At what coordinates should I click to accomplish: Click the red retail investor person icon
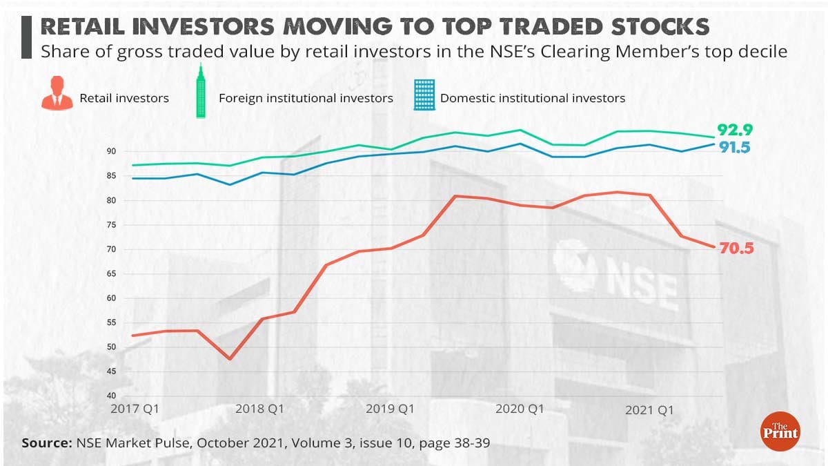[57, 95]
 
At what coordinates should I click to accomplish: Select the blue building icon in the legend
[424, 95]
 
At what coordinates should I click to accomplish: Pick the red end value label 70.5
[736, 249]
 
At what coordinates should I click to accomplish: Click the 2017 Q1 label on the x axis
[135, 409]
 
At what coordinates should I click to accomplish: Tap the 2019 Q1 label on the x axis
[390, 409]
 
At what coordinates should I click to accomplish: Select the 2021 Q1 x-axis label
[649, 410]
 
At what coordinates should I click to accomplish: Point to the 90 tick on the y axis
[111, 151]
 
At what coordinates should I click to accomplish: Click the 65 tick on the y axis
[111, 274]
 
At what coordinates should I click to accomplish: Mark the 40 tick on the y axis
[111, 396]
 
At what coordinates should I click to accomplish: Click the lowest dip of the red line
[230, 359]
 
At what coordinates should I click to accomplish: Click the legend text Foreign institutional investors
[306, 98]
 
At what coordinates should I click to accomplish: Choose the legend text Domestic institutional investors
[533, 98]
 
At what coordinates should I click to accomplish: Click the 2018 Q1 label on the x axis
[260, 409]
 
